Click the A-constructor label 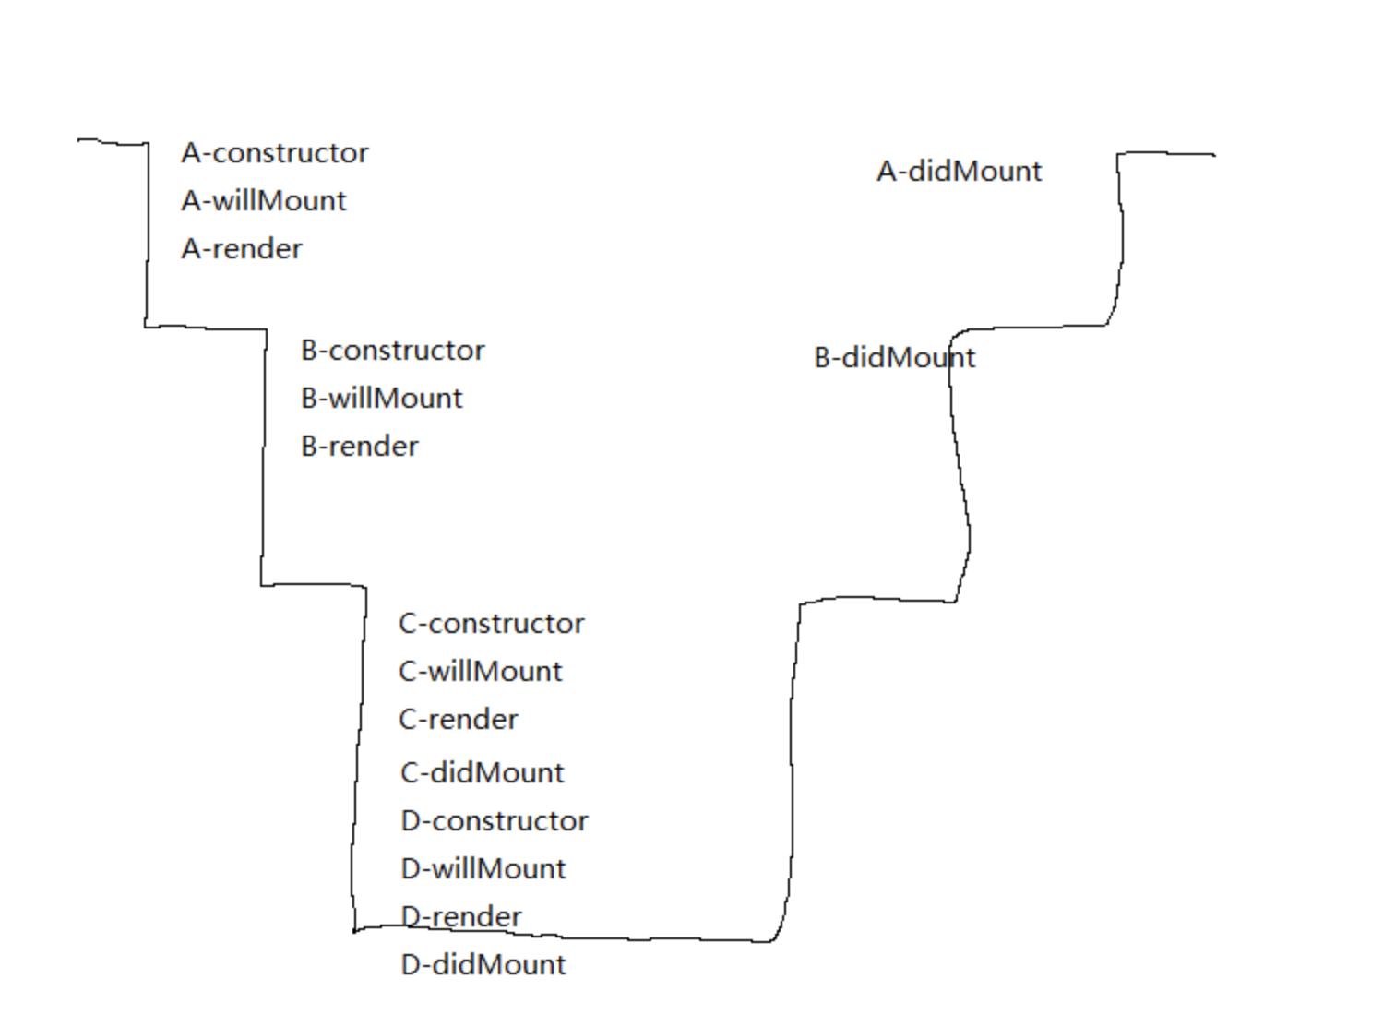[x=275, y=153]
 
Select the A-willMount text [x=264, y=201]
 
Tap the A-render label [x=242, y=249]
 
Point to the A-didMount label [x=960, y=172]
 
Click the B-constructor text [x=393, y=351]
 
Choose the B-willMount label [x=382, y=399]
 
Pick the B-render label [x=360, y=447]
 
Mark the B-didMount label [x=894, y=358]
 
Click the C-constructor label [x=492, y=624]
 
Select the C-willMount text [x=481, y=672]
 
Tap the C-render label [x=459, y=720]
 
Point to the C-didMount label [x=483, y=773]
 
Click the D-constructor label [x=495, y=821]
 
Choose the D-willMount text [x=483, y=869]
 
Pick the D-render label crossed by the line [x=461, y=917]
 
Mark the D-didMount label [x=483, y=965]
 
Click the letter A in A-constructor [x=192, y=153]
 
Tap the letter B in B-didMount [x=823, y=358]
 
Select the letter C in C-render [x=408, y=720]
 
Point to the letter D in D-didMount [x=411, y=965]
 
